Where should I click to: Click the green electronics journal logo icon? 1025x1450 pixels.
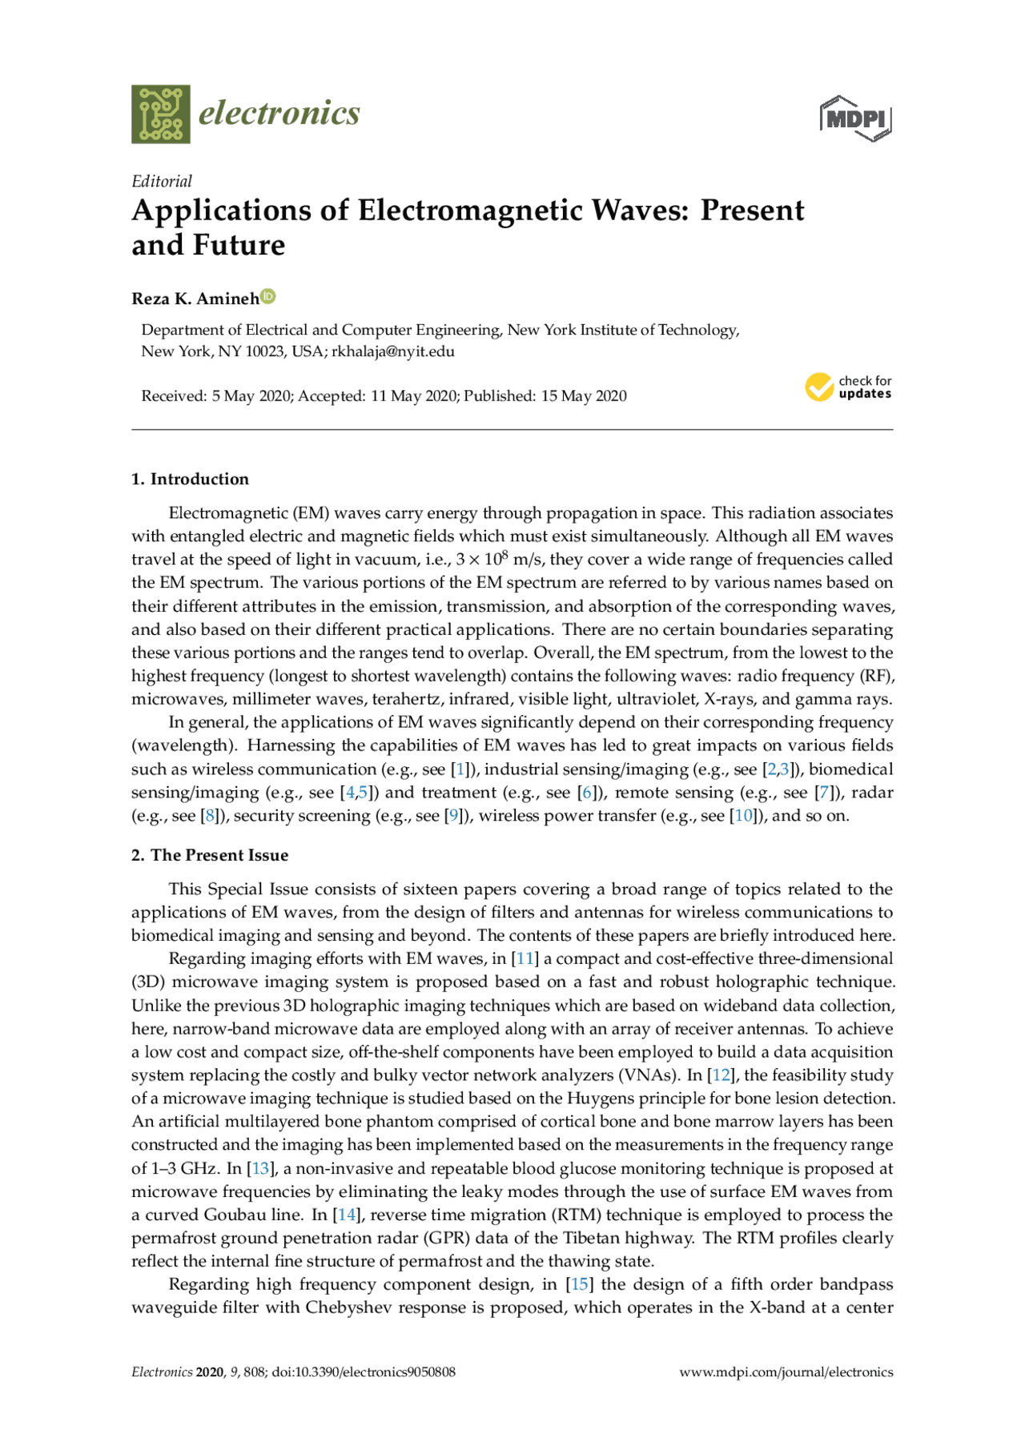[161, 114]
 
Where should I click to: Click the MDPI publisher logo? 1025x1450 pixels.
[855, 119]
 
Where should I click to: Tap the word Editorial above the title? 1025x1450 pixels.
[162, 181]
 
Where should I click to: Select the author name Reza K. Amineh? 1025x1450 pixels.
[195, 299]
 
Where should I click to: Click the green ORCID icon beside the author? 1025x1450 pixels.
[268, 297]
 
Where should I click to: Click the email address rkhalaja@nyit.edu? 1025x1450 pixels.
[393, 351]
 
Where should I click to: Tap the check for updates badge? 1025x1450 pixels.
[848, 388]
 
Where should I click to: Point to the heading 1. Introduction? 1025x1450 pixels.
[190, 479]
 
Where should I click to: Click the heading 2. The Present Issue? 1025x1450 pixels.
[210, 855]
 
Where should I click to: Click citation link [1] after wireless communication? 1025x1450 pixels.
[460, 769]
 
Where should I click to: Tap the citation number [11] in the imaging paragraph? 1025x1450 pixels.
[525, 958]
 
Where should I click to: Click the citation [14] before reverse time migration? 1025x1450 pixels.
[346, 1215]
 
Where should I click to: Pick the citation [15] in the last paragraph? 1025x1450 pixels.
[580, 1284]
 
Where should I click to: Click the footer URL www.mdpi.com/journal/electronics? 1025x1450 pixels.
[786, 1372]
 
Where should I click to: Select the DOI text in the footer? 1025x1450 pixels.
[364, 1372]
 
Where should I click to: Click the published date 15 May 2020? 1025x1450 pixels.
[583, 396]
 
